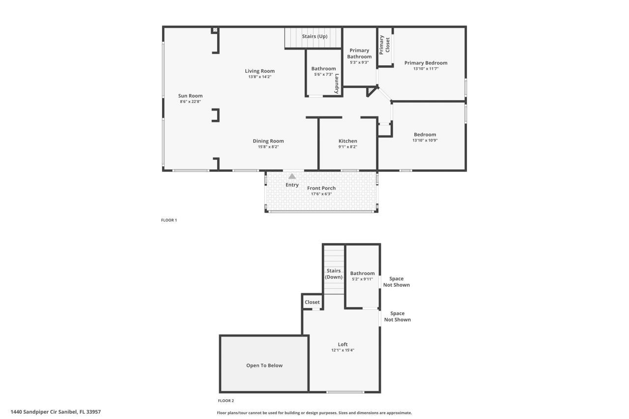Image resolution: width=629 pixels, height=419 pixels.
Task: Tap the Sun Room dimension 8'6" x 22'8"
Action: click(x=190, y=102)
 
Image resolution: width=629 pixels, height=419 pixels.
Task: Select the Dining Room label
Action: click(x=268, y=141)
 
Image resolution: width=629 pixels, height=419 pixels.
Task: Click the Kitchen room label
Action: click(x=347, y=141)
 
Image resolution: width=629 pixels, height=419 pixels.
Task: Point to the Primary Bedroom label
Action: click(x=426, y=63)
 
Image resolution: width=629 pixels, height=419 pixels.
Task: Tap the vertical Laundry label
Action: click(x=337, y=84)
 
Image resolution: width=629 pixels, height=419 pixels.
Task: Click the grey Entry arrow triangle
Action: click(x=292, y=176)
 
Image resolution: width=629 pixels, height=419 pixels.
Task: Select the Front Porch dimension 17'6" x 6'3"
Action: click(x=321, y=194)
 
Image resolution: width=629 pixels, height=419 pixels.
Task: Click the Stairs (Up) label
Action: click(x=314, y=36)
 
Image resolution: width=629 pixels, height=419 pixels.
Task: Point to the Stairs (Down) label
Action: click(x=334, y=274)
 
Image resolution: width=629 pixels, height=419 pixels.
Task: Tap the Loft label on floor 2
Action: click(x=343, y=344)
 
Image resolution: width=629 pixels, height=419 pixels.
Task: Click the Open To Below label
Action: click(x=264, y=365)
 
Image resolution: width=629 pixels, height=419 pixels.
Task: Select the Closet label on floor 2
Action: click(x=312, y=302)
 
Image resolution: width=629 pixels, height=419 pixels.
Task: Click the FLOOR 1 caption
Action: click(x=169, y=220)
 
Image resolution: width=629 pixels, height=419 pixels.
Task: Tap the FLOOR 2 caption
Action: click(x=226, y=401)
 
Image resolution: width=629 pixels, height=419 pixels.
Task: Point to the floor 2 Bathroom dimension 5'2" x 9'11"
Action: click(x=362, y=279)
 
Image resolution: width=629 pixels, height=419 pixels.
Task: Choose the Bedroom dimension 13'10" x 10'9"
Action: click(x=425, y=140)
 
